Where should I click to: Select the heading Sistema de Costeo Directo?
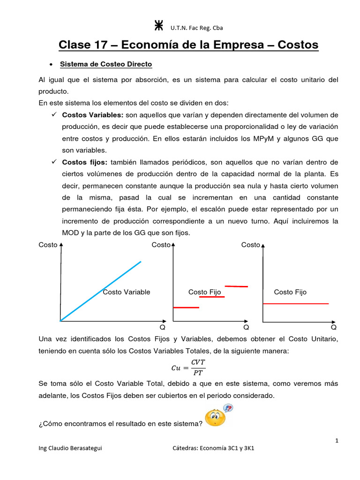[106, 64]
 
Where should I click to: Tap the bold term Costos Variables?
[93, 115]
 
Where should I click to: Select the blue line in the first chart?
[101, 291]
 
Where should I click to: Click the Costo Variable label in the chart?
[127, 292]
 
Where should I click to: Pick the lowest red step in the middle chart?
[186, 307]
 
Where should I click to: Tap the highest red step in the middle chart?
[236, 286]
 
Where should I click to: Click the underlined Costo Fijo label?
[204, 292]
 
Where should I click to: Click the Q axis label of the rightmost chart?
[334, 327]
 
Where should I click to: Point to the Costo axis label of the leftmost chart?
[48, 245]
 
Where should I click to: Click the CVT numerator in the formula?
[198, 362]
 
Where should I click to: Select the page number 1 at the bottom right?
[337, 440]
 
